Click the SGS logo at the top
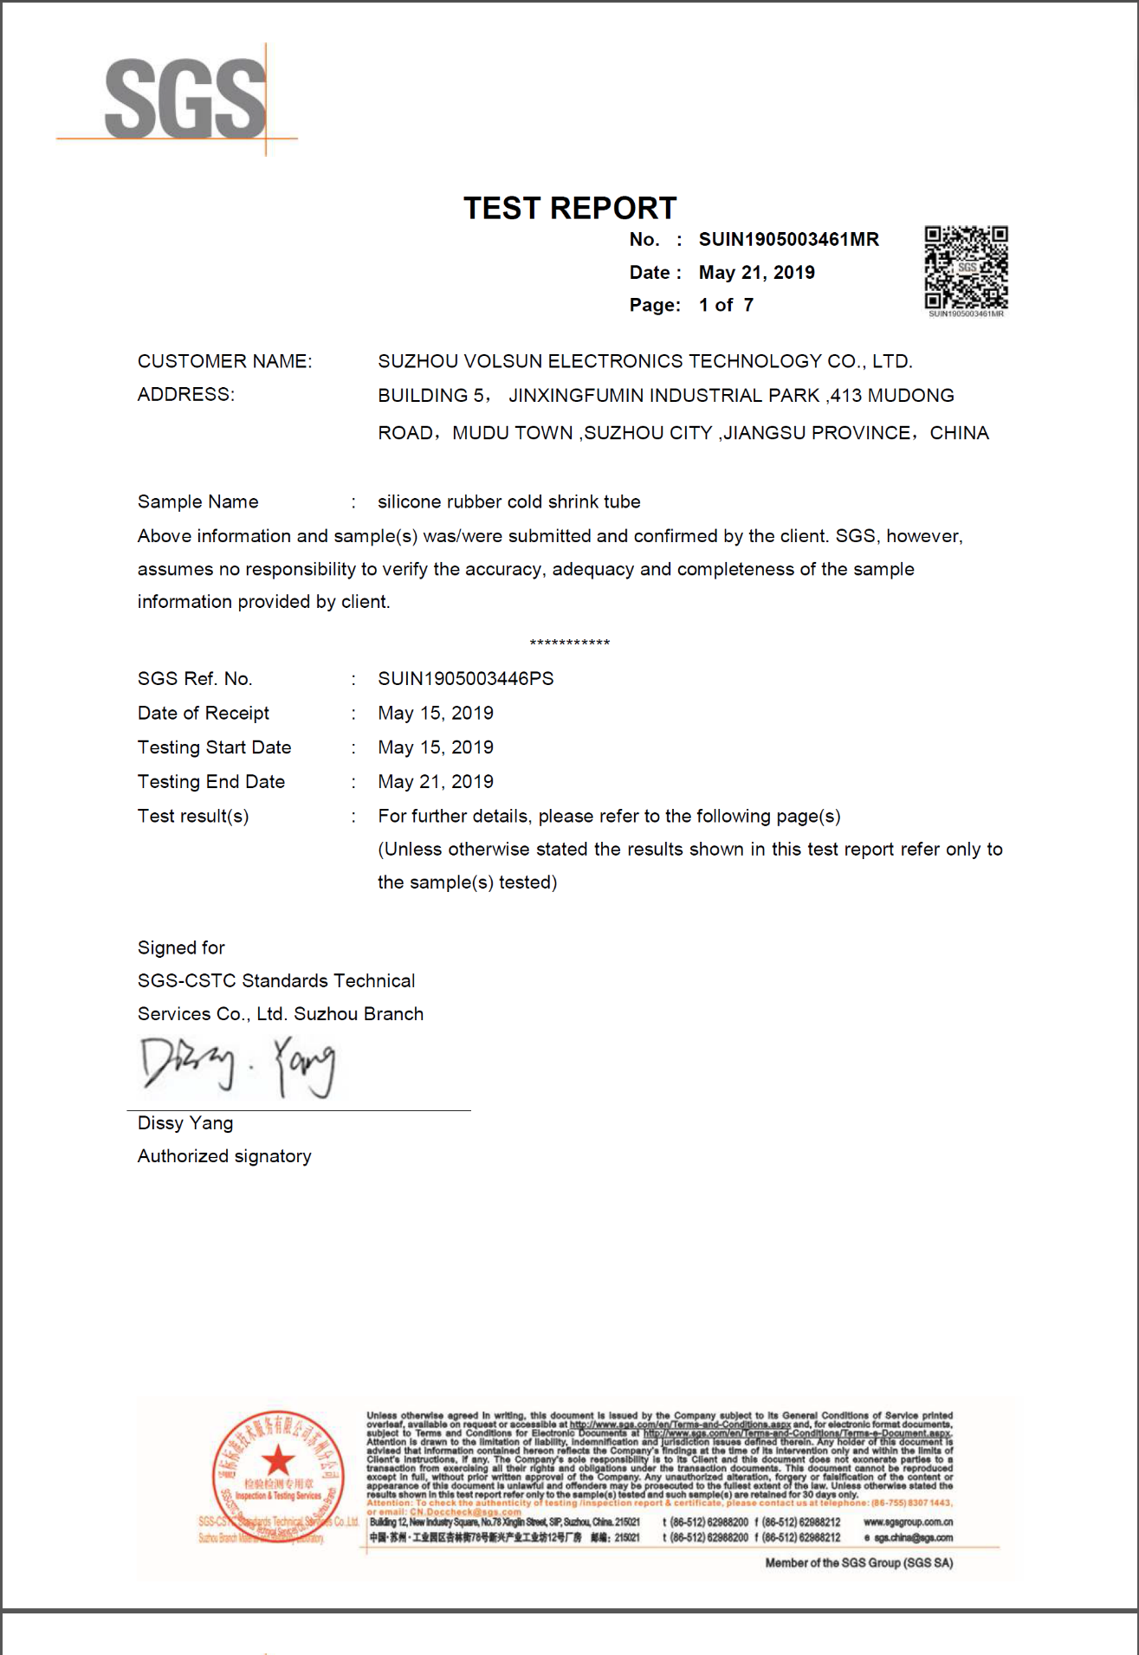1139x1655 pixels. pos(184,99)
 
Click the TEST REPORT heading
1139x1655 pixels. pos(569,208)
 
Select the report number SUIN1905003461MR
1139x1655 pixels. pos(788,240)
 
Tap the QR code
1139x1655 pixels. pos(966,268)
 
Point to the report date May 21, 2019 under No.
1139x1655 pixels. pos(756,273)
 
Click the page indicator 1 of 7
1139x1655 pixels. pos(726,305)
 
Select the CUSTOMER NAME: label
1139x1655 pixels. pos(224,361)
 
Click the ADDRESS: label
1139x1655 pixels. pos(185,395)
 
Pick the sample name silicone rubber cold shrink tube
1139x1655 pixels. pos(508,502)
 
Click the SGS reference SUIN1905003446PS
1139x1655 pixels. pos(465,679)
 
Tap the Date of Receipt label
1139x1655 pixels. pos(203,714)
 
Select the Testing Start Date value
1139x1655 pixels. pos(435,747)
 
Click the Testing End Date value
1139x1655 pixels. pos(435,782)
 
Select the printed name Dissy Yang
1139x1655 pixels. pos(184,1123)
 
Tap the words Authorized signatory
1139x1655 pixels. pos(224,1156)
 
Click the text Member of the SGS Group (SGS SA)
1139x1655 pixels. pos(858,1563)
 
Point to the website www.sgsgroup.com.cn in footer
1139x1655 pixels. pos(908,1522)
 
